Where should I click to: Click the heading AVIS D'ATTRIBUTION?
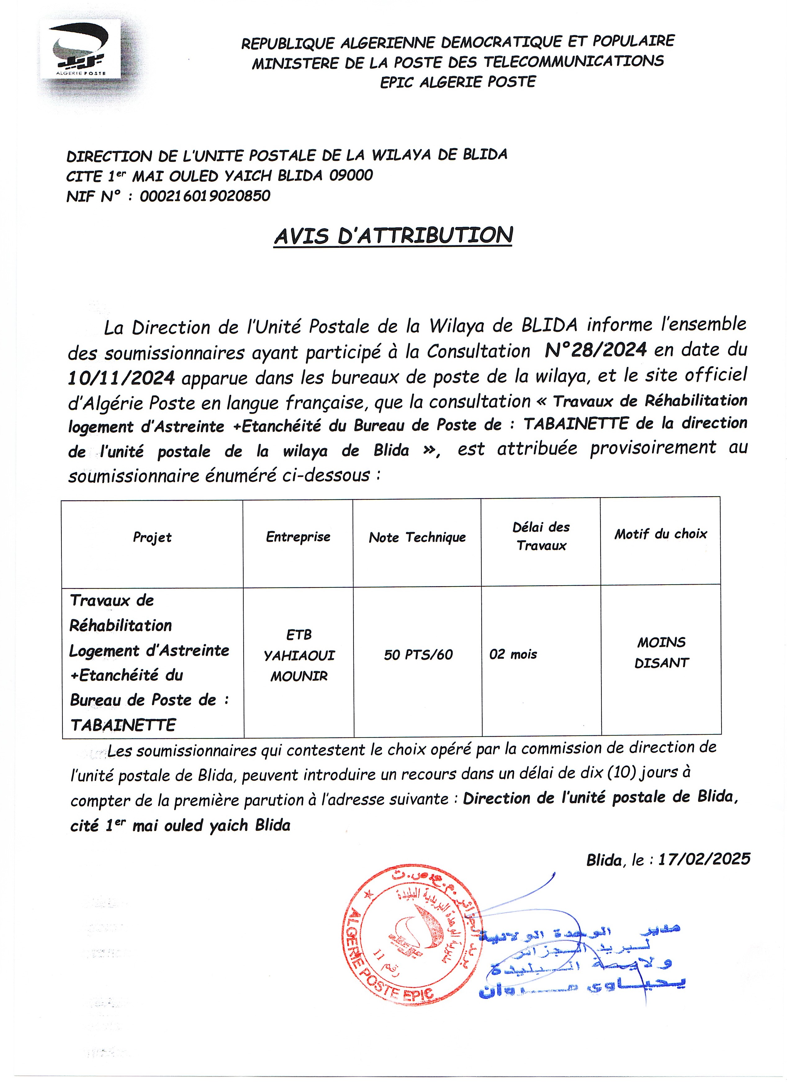click(393, 235)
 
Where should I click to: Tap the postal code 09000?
click(351, 175)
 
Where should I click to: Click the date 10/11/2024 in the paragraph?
click(121, 378)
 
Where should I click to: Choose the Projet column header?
click(152, 537)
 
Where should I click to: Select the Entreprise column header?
click(298, 537)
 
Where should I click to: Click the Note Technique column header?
click(417, 537)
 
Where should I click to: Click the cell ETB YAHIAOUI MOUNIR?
click(299, 655)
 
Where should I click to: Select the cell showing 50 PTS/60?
click(418, 655)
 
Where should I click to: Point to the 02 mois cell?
click(513, 654)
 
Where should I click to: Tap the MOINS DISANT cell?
click(661, 653)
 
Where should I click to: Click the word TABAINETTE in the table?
click(123, 725)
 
